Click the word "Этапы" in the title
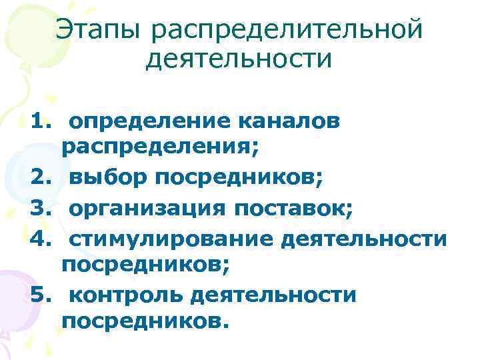[98, 29]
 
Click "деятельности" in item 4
[364, 237]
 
